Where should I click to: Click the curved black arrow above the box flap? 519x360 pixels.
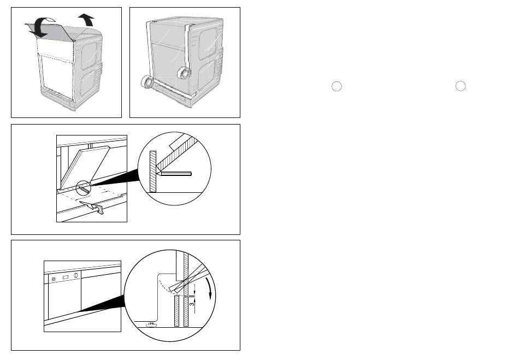pyautogui.click(x=39, y=26)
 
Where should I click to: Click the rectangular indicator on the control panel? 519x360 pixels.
pyautogui.click(x=66, y=277)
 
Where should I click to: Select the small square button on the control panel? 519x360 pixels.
pyautogui.click(x=54, y=279)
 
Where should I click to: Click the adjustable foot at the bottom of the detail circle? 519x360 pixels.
pyautogui.click(x=149, y=324)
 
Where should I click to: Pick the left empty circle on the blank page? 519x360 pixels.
pyautogui.click(x=337, y=87)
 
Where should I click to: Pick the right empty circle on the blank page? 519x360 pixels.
pyautogui.click(x=461, y=87)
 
